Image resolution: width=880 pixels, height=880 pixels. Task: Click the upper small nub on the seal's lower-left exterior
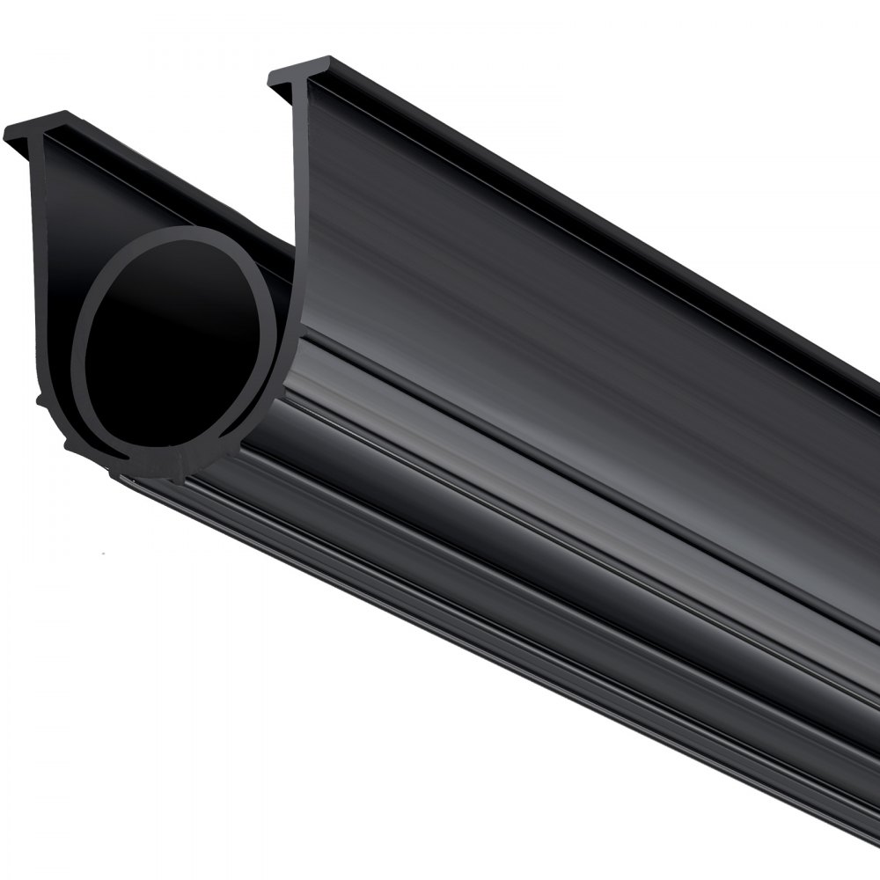pyautogui.click(x=41, y=400)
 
